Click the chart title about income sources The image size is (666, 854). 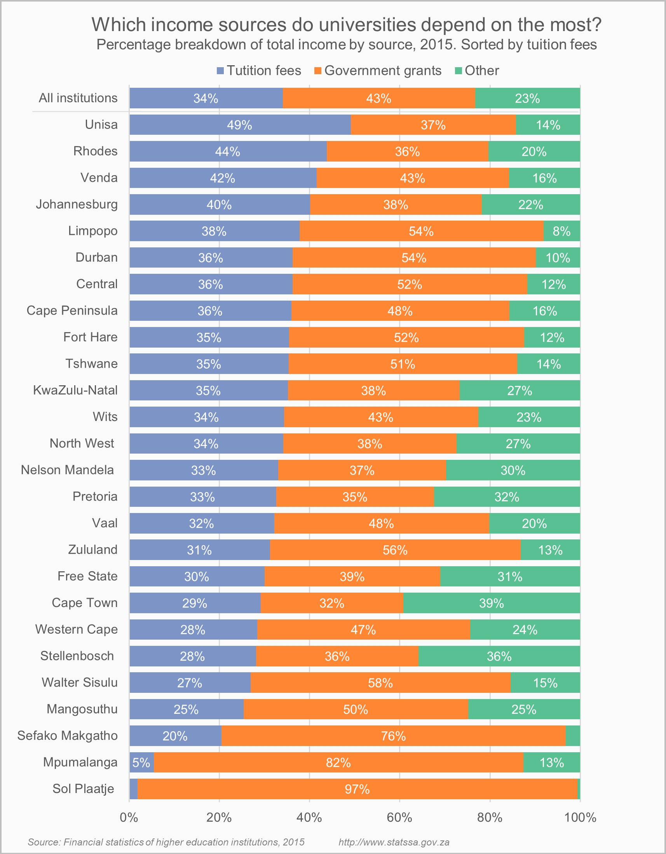pos(346,24)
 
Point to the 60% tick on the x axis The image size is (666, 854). pos(399,817)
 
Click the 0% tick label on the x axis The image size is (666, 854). pos(129,817)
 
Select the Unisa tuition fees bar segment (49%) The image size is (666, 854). pos(240,125)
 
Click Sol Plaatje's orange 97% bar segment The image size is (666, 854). pos(357,789)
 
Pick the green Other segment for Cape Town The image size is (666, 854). pos(492,603)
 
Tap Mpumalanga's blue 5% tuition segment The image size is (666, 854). pos(142,762)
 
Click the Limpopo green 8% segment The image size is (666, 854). pos(561,231)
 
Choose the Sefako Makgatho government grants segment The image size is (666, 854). pos(393,736)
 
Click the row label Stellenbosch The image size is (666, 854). pos(77,656)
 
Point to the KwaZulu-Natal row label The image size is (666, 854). pos(75,390)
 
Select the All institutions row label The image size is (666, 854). pos(78,98)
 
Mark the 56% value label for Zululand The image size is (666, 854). pos(395,550)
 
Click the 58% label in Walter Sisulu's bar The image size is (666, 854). pos(380,683)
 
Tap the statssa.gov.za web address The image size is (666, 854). pos(394,842)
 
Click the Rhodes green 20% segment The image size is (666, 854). pos(534,151)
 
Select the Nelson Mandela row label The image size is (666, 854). pos(67,470)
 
